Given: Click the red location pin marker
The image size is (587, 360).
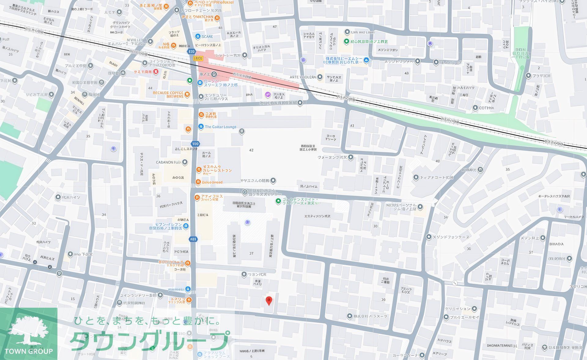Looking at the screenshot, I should tap(269, 301).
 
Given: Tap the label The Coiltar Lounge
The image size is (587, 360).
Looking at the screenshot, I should tap(220, 127).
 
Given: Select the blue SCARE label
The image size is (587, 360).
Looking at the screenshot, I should tap(207, 36).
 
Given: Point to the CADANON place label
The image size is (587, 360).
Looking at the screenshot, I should tap(168, 162).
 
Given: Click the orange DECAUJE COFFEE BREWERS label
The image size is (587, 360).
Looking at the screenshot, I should tap(168, 95).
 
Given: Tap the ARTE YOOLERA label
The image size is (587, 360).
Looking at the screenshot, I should tap(303, 77).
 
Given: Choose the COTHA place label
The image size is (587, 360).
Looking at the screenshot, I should tap(486, 108).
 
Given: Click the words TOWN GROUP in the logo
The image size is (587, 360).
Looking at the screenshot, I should tap(28, 351).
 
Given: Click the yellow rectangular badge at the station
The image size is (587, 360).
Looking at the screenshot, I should tap(198, 58).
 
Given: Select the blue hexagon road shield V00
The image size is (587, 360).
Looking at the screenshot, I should tap(195, 144).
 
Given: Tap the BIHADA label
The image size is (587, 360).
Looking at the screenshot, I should tap(556, 244).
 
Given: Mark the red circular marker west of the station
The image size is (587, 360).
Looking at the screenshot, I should tap(156, 72).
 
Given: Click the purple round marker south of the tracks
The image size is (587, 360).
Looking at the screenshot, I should tap(268, 94).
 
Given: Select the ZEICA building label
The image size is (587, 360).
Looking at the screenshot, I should tap(203, 215).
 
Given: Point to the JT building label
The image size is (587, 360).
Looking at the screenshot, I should tap(251, 253).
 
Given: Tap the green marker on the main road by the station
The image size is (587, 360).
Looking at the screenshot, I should tap(190, 81).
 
